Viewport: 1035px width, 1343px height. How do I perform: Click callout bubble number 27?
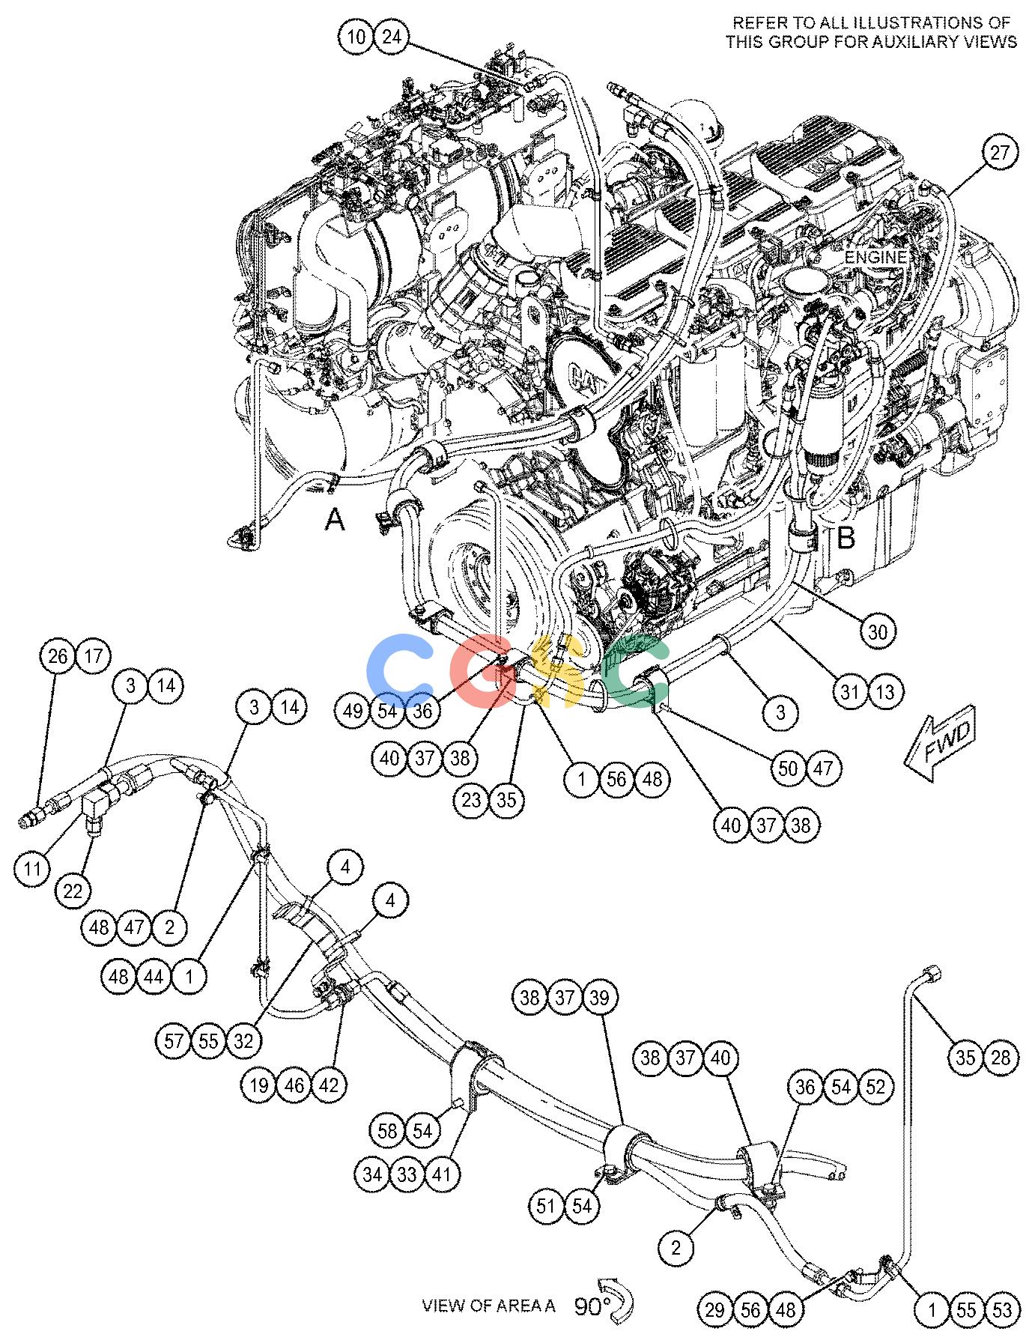(x=1000, y=154)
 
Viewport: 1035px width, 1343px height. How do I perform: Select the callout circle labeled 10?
(x=357, y=36)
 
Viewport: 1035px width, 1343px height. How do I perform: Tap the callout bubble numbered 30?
(x=878, y=632)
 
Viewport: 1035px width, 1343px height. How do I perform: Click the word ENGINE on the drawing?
(x=876, y=257)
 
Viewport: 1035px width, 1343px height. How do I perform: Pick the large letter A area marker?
(x=335, y=518)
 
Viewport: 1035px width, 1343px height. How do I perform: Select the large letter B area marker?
(x=846, y=537)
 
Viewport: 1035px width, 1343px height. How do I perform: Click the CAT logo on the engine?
(x=586, y=372)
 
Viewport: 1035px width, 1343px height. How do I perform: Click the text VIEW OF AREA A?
(x=489, y=1306)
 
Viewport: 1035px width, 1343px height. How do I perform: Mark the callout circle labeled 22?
(x=73, y=891)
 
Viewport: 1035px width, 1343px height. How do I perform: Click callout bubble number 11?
(x=32, y=869)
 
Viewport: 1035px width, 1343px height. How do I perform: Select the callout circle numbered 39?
(x=603, y=997)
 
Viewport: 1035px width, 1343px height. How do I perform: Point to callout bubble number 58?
(x=387, y=1130)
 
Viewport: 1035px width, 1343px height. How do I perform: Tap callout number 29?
(x=715, y=1309)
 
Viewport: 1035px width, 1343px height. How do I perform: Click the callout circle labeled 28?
(x=1001, y=1057)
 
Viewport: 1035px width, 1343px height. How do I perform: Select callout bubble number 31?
(x=849, y=691)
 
